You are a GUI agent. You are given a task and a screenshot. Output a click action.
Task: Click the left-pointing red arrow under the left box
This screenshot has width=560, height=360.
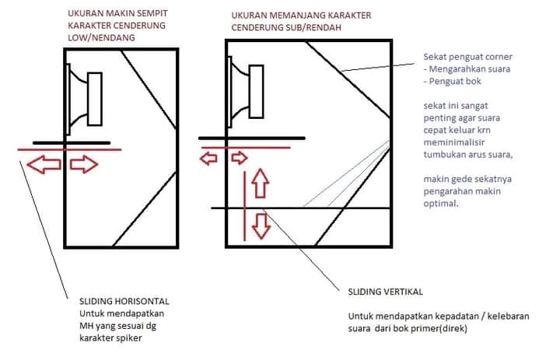click(x=44, y=165)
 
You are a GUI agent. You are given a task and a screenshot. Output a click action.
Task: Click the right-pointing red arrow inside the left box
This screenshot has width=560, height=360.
click(x=84, y=165)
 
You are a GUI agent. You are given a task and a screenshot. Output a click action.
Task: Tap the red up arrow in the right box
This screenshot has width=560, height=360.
click(x=260, y=183)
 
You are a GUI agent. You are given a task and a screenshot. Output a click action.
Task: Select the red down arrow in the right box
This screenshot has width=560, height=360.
click(x=261, y=226)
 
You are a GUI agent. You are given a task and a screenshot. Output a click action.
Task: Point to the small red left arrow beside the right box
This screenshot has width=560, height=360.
click(x=208, y=158)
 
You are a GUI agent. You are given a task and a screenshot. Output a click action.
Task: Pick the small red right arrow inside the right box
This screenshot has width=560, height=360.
click(x=240, y=158)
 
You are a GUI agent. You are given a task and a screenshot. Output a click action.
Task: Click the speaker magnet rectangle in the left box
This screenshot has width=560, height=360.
click(x=95, y=99)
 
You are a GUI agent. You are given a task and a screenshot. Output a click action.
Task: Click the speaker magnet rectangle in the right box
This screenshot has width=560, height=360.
click(x=256, y=92)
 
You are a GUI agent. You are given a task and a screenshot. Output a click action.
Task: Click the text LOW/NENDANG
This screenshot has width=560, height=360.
click(x=101, y=38)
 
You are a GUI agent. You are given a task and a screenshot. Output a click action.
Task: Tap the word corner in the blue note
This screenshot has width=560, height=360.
click(x=498, y=57)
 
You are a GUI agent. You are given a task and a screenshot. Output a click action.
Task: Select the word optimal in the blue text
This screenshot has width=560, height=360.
click(x=441, y=204)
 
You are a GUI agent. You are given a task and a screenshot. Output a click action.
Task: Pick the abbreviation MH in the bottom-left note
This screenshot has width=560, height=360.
click(x=86, y=326)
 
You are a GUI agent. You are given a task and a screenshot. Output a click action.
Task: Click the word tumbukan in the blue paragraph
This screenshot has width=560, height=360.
click(x=442, y=155)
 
